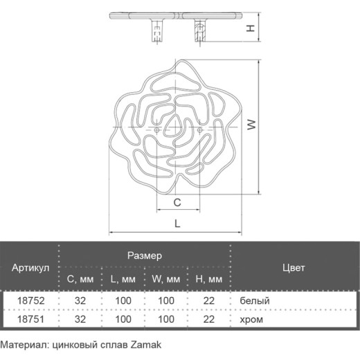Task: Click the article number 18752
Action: (30, 300)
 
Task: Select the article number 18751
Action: (30, 319)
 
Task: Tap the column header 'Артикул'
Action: (30, 268)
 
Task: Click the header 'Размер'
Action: (145, 256)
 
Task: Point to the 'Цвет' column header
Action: (294, 268)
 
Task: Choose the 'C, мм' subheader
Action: (80, 280)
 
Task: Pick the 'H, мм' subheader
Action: (209, 280)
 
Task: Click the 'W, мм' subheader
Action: (166, 280)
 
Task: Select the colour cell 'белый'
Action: (255, 301)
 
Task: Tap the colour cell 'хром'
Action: (251, 320)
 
